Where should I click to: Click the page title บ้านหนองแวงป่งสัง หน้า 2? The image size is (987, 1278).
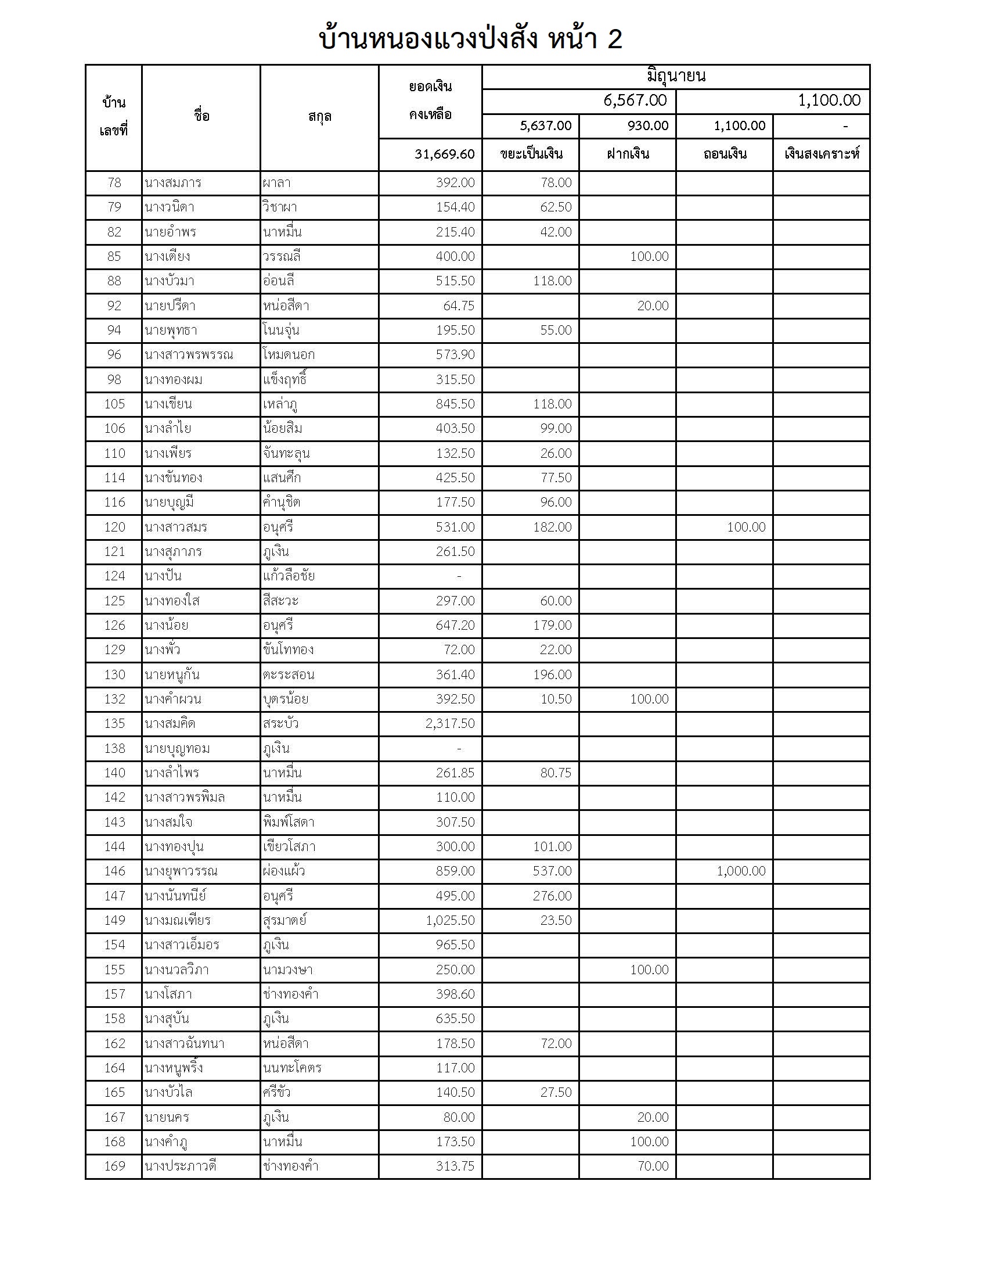(470, 40)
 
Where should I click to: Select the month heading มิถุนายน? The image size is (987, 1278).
(676, 76)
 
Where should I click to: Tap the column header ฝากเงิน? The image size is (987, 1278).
(628, 155)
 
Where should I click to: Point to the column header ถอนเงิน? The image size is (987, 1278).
(725, 155)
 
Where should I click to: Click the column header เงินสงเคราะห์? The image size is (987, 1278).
(822, 155)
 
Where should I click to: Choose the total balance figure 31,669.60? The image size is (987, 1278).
(444, 155)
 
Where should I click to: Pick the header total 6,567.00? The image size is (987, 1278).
(635, 100)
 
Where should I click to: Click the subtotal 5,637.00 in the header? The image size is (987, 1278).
(546, 126)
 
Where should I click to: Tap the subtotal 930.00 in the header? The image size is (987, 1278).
(648, 126)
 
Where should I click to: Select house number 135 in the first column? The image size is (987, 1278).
(114, 723)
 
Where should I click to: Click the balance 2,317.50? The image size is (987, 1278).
(450, 723)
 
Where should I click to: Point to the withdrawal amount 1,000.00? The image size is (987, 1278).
(741, 871)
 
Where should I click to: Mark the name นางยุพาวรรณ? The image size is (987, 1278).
(181, 871)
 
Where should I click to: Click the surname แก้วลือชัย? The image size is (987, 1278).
(289, 576)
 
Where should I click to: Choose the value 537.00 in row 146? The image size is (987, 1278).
(552, 871)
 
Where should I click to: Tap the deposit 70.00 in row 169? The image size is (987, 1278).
(653, 1166)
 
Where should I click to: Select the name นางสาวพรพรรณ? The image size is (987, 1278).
(188, 354)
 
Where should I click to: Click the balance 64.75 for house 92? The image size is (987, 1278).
(459, 306)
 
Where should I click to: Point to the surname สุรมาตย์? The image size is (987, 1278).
(284, 920)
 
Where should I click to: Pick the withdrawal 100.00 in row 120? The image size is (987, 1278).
(746, 527)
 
